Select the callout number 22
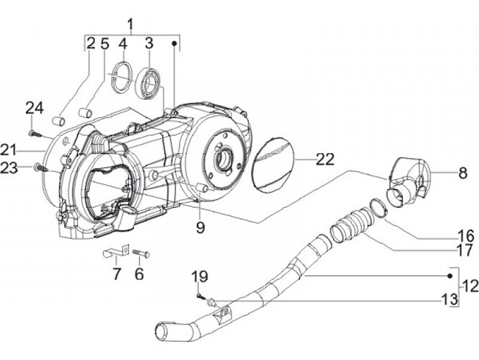click(325, 159)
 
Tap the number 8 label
click(463, 173)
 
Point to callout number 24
click(35, 108)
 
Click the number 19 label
click(200, 277)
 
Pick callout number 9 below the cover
click(200, 228)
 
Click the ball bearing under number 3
click(148, 83)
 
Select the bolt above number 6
click(141, 253)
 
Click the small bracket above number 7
click(116, 252)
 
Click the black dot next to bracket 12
click(450, 276)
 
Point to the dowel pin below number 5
click(86, 112)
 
